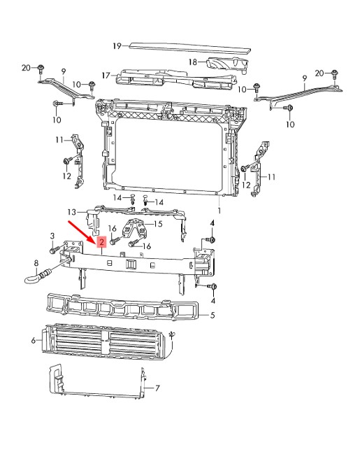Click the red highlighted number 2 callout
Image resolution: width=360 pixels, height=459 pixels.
point(101,242)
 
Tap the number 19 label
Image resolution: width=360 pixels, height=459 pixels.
point(117,46)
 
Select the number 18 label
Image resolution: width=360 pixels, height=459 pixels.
point(193,62)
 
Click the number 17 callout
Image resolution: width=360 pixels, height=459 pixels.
point(106,76)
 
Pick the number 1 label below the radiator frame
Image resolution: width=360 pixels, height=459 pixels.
point(219,211)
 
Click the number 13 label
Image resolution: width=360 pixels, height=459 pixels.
point(71,211)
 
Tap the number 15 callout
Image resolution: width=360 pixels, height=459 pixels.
point(158,224)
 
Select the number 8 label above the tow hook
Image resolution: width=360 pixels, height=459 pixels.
point(36,263)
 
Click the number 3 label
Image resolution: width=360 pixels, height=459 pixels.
point(52,236)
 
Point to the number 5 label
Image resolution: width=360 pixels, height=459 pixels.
point(213,315)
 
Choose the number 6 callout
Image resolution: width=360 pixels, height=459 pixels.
point(34,340)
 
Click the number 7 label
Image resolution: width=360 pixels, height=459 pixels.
point(157,388)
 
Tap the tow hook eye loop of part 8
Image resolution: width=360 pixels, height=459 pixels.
point(30,281)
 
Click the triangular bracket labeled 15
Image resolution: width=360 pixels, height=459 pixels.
point(134,227)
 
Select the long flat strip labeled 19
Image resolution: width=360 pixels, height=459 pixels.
point(190,48)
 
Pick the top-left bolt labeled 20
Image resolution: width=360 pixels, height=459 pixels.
point(41,69)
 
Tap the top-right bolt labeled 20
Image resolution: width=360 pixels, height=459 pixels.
point(335,74)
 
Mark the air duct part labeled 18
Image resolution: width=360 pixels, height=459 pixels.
point(227,64)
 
